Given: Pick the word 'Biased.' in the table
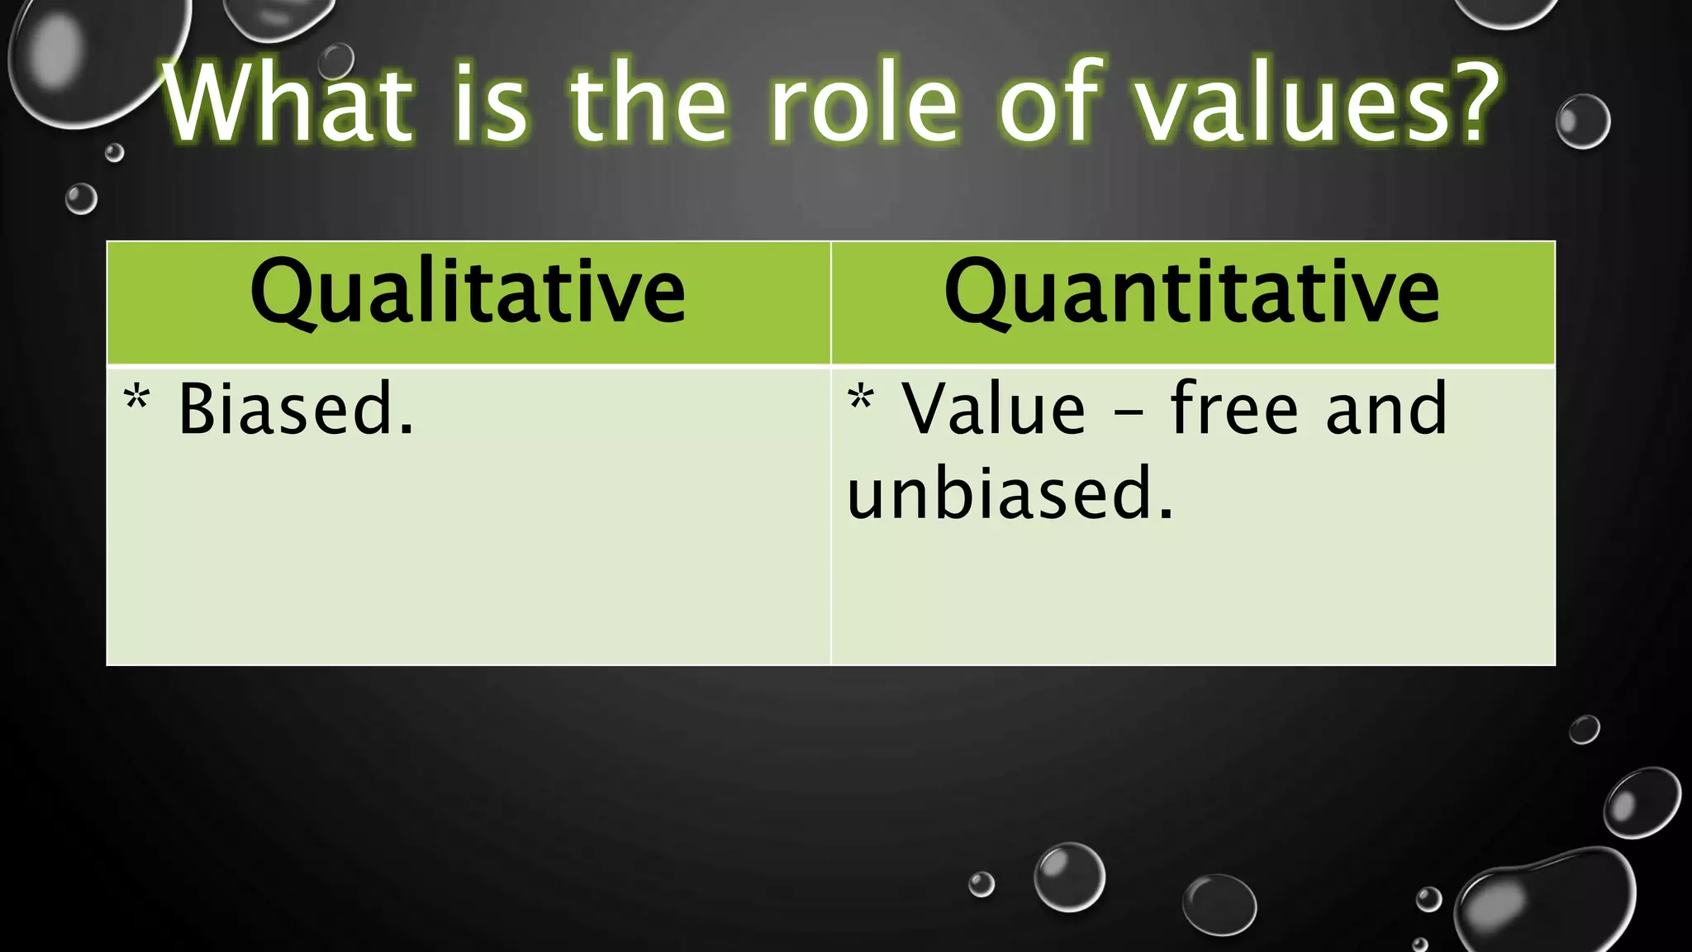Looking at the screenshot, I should pyautogui.click(x=296, y=409).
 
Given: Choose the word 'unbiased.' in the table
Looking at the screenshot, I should pyautogui.click(x=1010, y=493).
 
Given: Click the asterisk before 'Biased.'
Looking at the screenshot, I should pyautogui.click(x=137, y=398).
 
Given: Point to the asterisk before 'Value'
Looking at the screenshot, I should pyautogui.click(x=860, y=398).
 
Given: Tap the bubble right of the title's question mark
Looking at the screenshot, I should pyautogui.click(x=1583, y=121).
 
